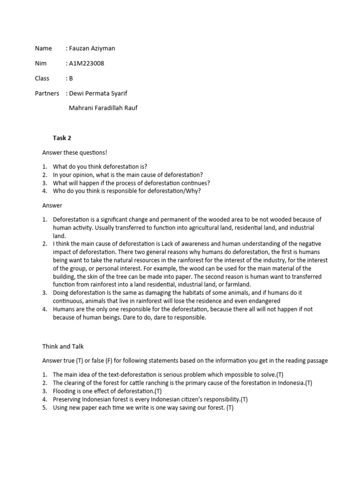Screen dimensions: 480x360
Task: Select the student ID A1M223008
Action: [87, 63]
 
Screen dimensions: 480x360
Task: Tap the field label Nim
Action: [40, 63]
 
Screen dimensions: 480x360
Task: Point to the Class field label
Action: [42, 78]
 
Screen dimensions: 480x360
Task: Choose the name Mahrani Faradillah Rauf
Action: [103, 108]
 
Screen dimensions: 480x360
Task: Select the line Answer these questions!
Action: [75, 152]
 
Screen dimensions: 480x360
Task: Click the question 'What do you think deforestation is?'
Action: [103, 167]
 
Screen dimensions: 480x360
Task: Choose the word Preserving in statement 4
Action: [67, 399]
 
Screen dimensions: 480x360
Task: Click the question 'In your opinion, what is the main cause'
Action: [127, 175]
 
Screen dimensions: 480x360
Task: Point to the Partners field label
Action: [47, 93]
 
